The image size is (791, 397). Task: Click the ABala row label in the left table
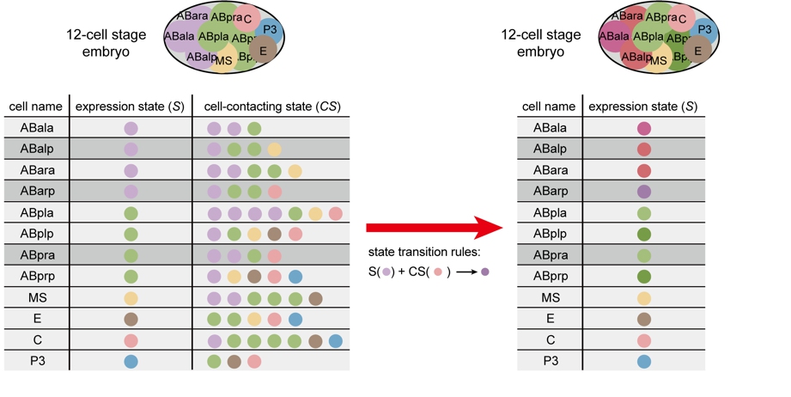pyautogui.click(x=35, y=128)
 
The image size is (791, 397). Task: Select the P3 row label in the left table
pyautogui.click(x=35, y=361)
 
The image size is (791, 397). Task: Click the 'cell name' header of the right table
pyautogui.click(x=550, y=107)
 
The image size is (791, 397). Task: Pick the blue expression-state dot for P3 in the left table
pyautogui.click(x=131, y=361)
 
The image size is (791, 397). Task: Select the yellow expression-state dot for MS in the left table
pyautogui.click(x=131, y=298)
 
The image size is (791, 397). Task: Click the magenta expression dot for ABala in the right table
pyautogui.click(x=643, y=129)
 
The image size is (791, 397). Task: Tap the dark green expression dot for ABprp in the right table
pyautogui.click(x=643, y=277)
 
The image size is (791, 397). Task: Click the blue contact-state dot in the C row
pyautogui.click(x=336, y=340)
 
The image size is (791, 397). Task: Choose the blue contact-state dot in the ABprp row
pyautogui.click(x=295, y=277)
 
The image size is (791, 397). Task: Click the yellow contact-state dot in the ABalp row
pyautogui.click(x=274, y=150)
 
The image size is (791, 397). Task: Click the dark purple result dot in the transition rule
pyautogui.click(x=485, y=272)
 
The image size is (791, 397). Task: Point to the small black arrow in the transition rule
pyautogui.click(x=467, y=272)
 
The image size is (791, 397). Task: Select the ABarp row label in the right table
pyautogui.click(x=551, y=192)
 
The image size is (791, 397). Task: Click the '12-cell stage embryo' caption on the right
pyautogui.click(x=540, y=43)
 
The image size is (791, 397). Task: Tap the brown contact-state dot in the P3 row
pyautogui.click(x=234, y=361)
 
